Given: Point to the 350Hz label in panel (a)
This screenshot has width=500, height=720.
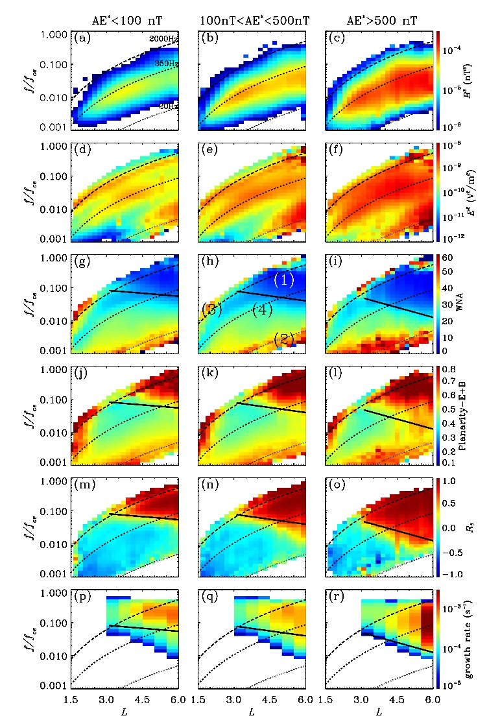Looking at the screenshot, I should [166, 64].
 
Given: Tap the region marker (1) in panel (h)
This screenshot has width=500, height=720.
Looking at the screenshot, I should [284, 280].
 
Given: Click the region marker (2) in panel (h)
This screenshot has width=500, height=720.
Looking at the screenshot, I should [284, 337].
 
